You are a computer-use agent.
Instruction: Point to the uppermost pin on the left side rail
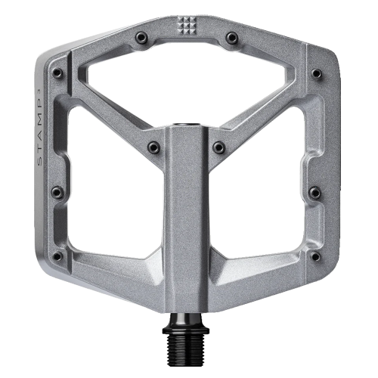(57, 73)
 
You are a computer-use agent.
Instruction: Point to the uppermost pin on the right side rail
(315, 74)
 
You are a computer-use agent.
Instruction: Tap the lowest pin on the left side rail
(57, 256)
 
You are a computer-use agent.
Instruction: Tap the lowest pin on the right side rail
(314, 256)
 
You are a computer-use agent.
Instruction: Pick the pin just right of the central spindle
(218, 147)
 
